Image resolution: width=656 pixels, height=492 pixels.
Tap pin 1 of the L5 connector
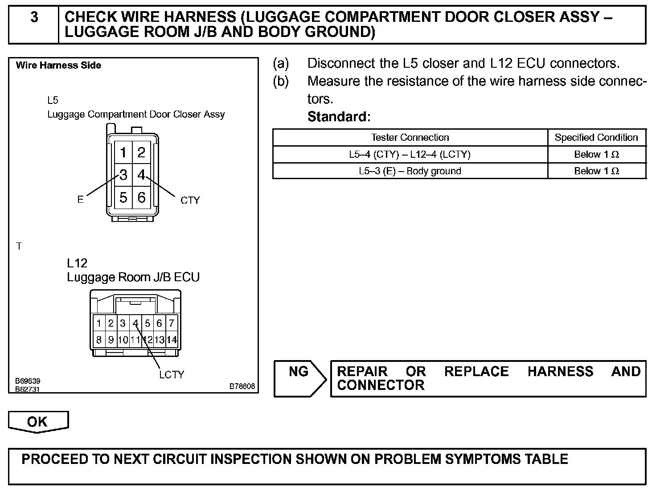(x=123, y=153)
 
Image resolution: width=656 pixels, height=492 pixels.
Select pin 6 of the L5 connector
(x=141, y=197)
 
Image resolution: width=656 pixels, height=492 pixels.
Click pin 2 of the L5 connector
(x=141, y=153)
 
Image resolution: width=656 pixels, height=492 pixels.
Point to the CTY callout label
(x=190, y=201)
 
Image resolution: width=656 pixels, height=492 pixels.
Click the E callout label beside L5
(x=80, y=200)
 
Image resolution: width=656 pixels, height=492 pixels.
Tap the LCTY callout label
(x=172, y=375)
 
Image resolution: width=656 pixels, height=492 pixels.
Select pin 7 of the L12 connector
(x=171, y=323)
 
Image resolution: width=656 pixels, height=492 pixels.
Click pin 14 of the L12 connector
(x=171, y=340)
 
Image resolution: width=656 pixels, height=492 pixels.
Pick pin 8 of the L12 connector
(x=99, y=340)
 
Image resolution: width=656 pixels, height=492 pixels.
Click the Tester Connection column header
(x=410, y=137)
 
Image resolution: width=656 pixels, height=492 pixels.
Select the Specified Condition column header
(x=596, y=137)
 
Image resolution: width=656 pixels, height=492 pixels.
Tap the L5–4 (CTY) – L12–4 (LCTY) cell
(x=410, y=155)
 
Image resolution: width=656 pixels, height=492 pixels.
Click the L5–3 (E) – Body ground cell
(x=410, y=171)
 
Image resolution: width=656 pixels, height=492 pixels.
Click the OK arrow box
(x=38, y=422)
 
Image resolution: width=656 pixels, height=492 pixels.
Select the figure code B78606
(x=242, y=386)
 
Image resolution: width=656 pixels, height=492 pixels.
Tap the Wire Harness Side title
(x=58, y=66)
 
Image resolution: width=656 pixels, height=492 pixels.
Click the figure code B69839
(x=28, y=381)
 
